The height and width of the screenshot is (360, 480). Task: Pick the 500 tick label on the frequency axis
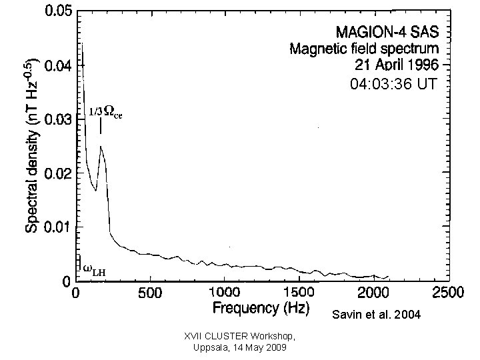tap(150, 293)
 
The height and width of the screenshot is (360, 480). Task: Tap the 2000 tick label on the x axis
tap(373, 293)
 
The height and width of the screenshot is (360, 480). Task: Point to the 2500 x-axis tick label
tap(447, 293)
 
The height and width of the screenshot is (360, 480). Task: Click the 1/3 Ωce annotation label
tap(105, 113)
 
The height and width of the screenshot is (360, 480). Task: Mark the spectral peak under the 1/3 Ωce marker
tap(101, 147)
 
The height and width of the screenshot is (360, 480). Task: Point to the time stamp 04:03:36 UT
tap(394, 85)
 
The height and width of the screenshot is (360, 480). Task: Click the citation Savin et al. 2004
tap(376, 314)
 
